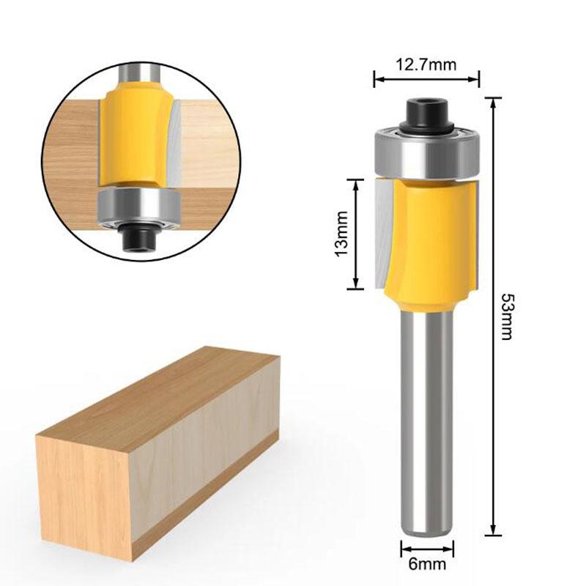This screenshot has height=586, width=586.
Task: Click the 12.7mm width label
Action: (426, 64)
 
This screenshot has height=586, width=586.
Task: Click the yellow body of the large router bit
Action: (432, 234)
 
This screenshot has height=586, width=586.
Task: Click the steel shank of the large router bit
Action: (427, 418)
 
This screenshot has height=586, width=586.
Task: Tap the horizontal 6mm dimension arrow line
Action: (427, 546)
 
